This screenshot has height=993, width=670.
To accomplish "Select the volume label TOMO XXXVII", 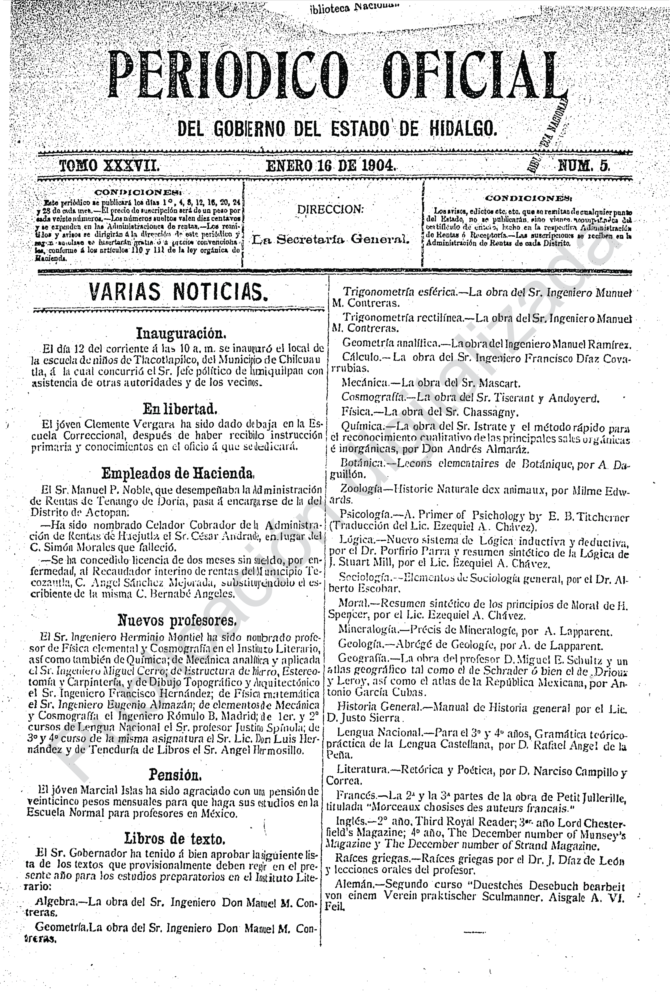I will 109,165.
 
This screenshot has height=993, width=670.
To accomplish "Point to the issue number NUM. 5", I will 584,165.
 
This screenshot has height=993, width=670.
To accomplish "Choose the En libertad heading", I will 180,409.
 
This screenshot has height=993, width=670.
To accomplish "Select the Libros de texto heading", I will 175,838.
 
